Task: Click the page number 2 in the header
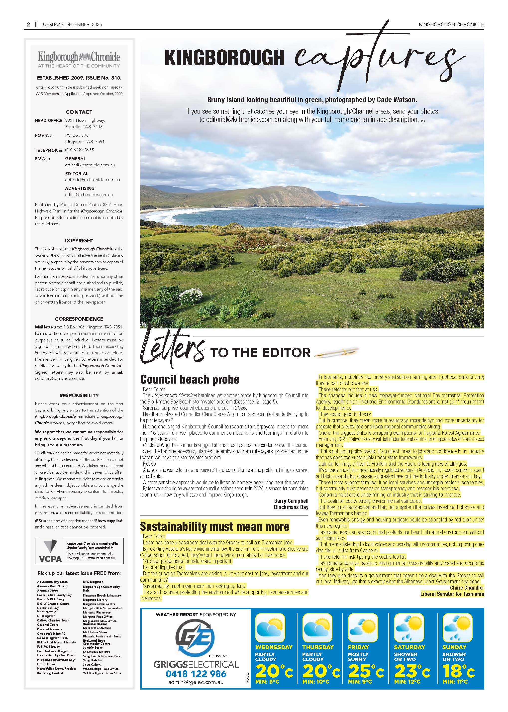coord(28,24)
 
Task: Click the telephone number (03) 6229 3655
coord(80,150)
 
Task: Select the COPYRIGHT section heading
coord(79,241)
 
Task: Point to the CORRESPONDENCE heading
coord(79,319)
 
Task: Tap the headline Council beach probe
coord(190,380)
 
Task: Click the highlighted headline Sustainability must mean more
coord(214,526)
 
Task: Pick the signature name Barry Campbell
coord(291,501)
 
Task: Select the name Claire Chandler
coord(467,588)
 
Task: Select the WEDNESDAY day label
coord(274,647)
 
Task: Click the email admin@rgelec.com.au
coord(196,682)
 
